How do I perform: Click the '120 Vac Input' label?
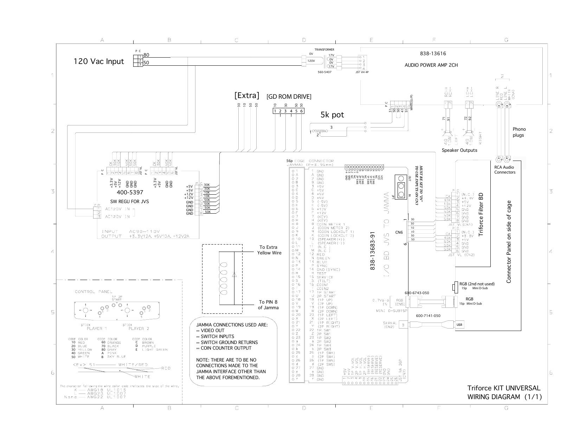click(x=98, y=61)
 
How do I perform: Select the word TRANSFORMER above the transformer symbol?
click(x=324, y=50)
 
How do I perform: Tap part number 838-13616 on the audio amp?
click(x=433, y=54)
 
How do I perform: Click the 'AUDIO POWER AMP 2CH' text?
click(x=431, y=65)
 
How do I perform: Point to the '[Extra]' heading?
click(x=247, y=95)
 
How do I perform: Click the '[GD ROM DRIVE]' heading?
click(x=289, y=96)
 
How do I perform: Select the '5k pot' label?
click(x=332, y=115)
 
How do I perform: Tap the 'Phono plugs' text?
click(x=519, y=132)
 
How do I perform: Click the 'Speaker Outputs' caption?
click(x=459, y=150)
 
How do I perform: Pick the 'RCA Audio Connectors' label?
click(x=504, y=170)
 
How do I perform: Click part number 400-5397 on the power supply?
click(x=130, y=192)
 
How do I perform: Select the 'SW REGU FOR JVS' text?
click(x=129, y=202)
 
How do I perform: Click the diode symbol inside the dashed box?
click(x=234, y=275)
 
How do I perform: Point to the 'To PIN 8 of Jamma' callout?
click(x=268, y=305)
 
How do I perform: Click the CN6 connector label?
click(x=399, y=232)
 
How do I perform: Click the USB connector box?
click(x=459, y=325)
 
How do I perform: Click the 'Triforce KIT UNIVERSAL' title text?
click(x=503, y=388)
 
